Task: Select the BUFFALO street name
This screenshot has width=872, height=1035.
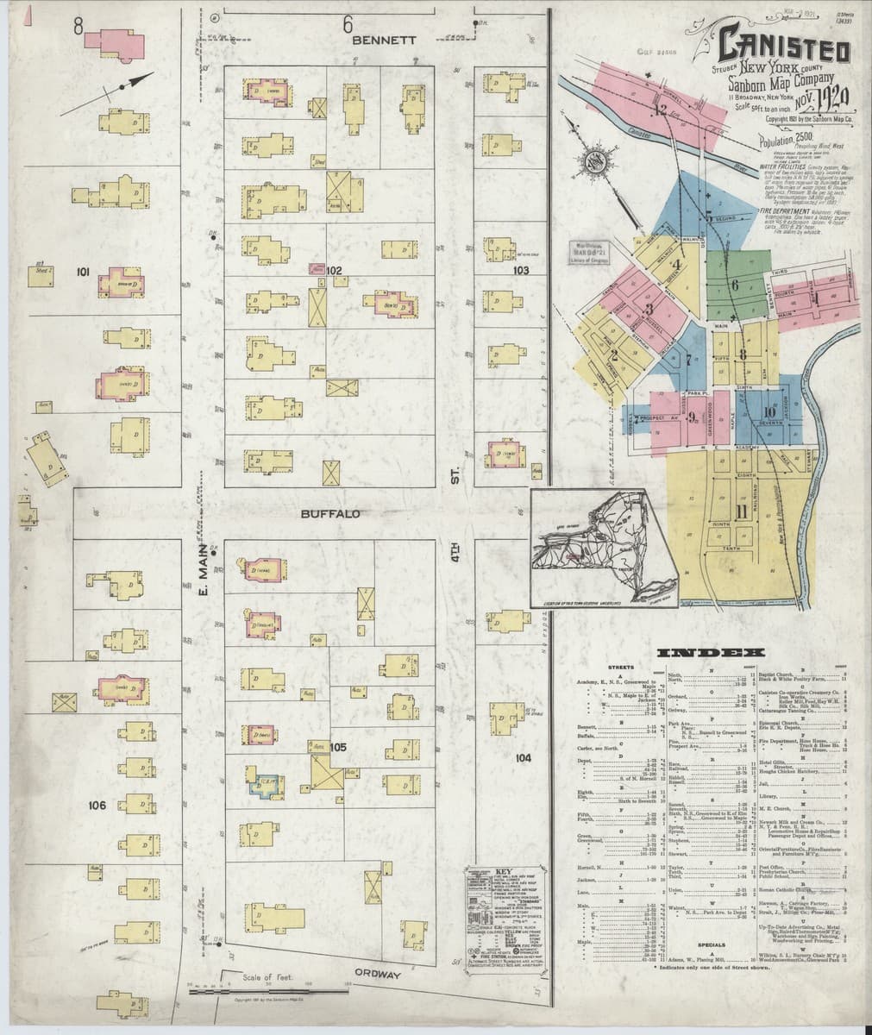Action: [x=329, y=514]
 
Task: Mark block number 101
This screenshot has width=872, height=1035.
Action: [x=84, y=273]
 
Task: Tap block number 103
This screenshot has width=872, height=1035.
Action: [x=520, y=271]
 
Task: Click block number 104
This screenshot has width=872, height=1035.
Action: [x=523, y=758]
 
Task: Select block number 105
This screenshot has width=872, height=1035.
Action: [x=337, y=747]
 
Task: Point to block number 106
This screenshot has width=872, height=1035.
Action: [x=97, y=806]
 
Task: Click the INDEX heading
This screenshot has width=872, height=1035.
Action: [x=699, y=653]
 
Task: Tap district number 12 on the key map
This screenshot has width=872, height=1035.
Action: [x=661, y=110]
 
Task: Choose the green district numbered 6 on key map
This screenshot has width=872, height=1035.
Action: [x=735, y=285]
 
